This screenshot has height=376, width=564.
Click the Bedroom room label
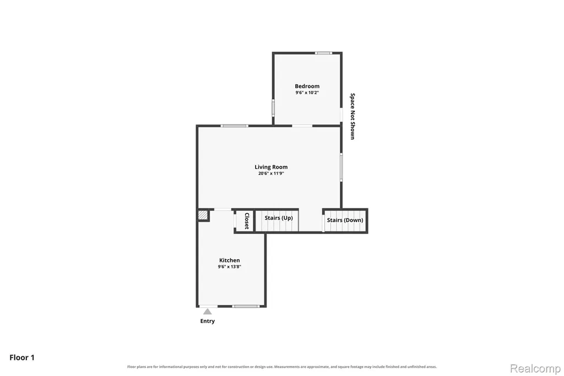pyautogui.click(x=307, y=86)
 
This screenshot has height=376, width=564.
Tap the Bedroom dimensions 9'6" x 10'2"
pyautogui.click(x=307, y=93)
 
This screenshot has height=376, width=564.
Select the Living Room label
pyautogui.click(x=271, y=166)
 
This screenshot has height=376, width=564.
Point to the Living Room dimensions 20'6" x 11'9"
pyautogui.click(x=271, y=173)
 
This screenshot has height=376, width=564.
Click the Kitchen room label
pyautogui.click(x=230, y=260)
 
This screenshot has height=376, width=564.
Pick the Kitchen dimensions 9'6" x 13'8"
pyautogui.click(x=230, y=266)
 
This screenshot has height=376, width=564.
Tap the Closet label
pyautogui.click(x=247, y=221)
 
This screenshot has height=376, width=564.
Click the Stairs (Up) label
pyautogui.click(x=279, y=218)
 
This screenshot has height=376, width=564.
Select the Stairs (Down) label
pyautogui.click(x=345, y=220)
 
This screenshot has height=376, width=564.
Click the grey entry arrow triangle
pyautogui.click(x=208, y=311)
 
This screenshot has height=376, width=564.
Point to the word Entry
pyautogui.click(x=208, y=321)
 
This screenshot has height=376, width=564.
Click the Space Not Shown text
pyautogui.click(x=352, y=116)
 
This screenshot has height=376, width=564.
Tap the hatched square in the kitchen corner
pyautogui.click(x=203, y=216)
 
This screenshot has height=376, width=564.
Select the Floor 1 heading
pyautogui.click(x=22, y=358)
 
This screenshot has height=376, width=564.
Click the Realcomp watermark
pyautogui.click(x=535, y=368)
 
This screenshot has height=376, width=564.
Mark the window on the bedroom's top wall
pyautogui.click(x=323, y=53)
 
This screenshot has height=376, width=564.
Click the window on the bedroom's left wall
pyautogui.click(x=273, y=107)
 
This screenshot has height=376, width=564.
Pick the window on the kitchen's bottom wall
pyautogui.click(x=246, y=306)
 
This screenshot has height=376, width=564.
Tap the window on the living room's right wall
pyautogui.click(x=341, y=166)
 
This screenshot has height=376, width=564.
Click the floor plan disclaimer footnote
pyautogui.click(x=282, y=367)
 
